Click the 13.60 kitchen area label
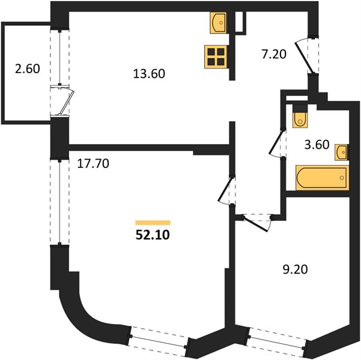pyautogui.click(x=149, y=74)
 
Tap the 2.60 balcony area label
pyautogui.click(x=28, y=68)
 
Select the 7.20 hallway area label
pyautogui.click(x=274, y=54)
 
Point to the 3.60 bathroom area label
pyautogui.click(x=317, y=145)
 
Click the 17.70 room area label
pyautogui.click(x=93, y=164)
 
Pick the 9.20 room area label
pyautogui.click(x=295, y=269)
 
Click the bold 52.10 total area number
pyautogui.click(x=153, y=235)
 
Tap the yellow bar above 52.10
pyautogui.click(x=153, y=223)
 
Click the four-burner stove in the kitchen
pyautogui.click(x=216, y=57)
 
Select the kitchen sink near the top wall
pyautogui.click(x=218, y=23)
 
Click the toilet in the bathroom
pyautogui.click(x=300, y=116)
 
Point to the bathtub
pyautogui.click(x=322, y=178)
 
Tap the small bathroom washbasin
pyautogui.click(x=342, y=152)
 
